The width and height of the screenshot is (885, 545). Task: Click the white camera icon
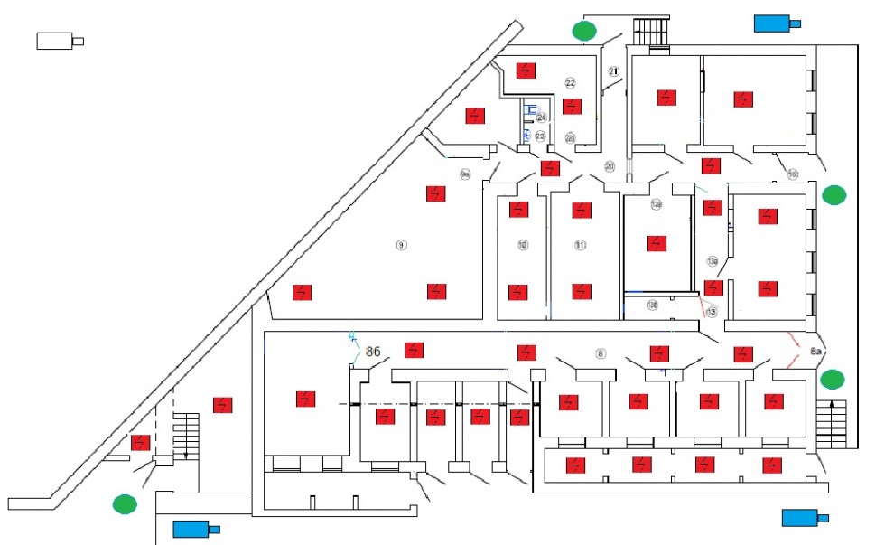click(59, 41)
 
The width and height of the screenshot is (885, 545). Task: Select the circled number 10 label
click(522, 245)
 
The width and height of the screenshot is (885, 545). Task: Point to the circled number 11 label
click(581, 245)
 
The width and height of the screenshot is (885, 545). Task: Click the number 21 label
click(615, 71)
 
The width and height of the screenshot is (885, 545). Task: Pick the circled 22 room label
click(571, 83)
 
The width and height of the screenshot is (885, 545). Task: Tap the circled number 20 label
click(610, 166)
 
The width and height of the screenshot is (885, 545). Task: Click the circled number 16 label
click(793, 174)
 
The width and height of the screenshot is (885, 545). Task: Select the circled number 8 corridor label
click(600, 352)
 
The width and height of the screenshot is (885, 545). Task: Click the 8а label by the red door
click(816, 350)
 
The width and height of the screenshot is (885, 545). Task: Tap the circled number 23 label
click(540, 136)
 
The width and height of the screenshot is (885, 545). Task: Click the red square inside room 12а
click(657, 244)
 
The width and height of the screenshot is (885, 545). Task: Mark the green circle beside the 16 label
click(834, 193)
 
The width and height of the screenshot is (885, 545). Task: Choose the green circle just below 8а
click(832, 379)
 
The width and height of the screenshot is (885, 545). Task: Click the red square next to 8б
click(415, 350)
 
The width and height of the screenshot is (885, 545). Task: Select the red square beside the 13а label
click(713, 287)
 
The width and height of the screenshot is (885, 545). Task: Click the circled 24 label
click(542, 117)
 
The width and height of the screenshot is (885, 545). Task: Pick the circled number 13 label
click(712, 312)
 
